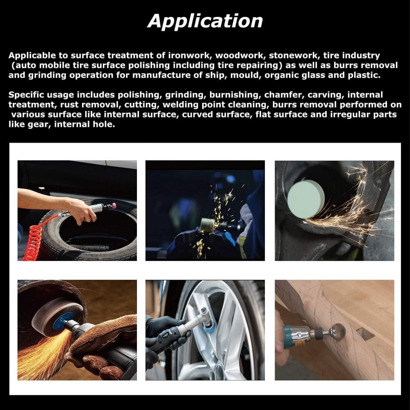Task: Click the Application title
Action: pos(205,20)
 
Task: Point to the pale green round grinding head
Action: pos(305,198)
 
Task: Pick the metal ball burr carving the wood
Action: pos(339,331)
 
